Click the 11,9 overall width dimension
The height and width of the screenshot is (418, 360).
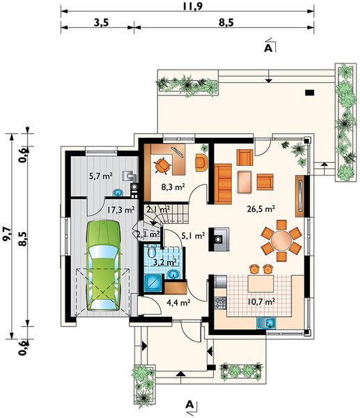pyautogui.click(x=193, y=6)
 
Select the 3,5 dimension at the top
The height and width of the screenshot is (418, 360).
pyautogui.click(x=101, y=23)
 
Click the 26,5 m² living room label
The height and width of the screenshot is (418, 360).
pyautogui.click(x=261, y=209)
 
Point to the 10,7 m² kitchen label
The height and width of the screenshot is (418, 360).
pyautogui.click(x=261, y=302)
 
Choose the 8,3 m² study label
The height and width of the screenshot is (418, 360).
pyautogui.click(x=173, y=187)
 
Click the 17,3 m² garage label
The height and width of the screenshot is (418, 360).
pyautogui.click(x=120, y=210)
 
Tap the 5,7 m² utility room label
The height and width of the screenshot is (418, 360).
pyautogui.click(x=101, y=176)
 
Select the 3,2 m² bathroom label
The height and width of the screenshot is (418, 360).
pyautogui.click(x=165, y=263)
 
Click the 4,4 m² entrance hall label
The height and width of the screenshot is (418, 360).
pyautogui.click(x=178, y=302)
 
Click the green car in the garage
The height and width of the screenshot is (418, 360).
pyautogui.click(x=103, y=265)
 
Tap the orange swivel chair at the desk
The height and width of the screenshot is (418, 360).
pyautogui.click(x=162, y=166)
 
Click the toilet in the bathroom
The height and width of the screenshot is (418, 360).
pyautogui.click(x=151, y=251)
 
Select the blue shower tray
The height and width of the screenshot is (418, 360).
pyautogui.click(x=154, y=284)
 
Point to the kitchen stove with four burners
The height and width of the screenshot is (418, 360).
pyautogui.click(x=220, y=302)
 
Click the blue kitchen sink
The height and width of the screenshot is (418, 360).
pyautogui.click(x=267, y=323)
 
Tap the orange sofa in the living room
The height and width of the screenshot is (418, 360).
pyautogui.click(x=223, y=184)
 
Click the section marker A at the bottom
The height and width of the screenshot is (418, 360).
pyautogui.click(x=189, y=405)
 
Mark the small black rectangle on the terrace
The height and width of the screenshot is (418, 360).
pyautogui.click(x=309, y=93)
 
